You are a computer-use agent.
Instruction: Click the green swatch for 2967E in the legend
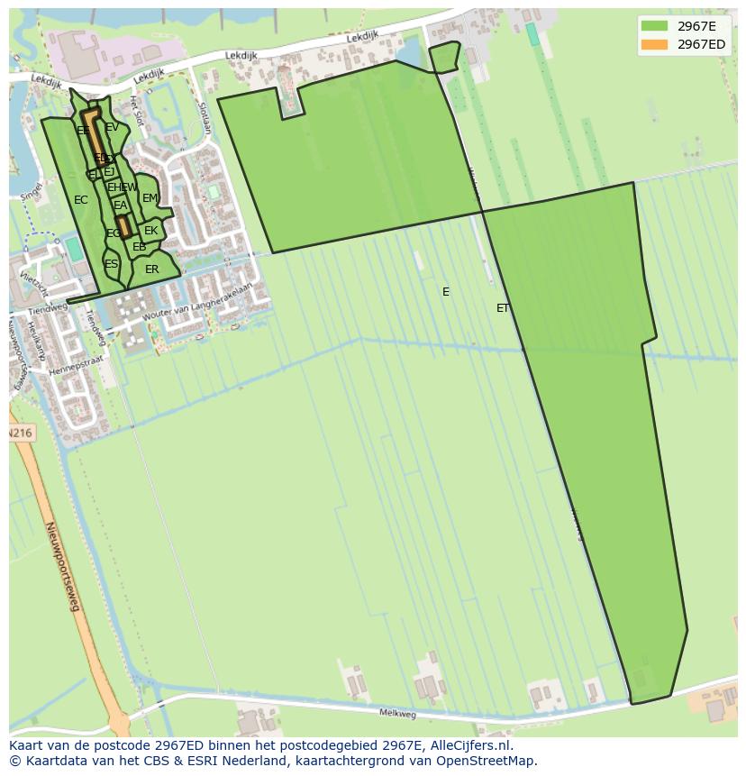[x=654, y=26]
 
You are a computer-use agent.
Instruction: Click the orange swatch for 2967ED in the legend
[x=654, y=44]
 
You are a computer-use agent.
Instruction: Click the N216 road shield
[x=20, y=434]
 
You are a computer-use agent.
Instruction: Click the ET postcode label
[x=503, y=308]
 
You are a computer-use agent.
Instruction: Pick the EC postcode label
[x=81, y=200]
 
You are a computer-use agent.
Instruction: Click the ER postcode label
[x=151, y=269]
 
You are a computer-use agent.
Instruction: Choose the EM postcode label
[x=150, y=198]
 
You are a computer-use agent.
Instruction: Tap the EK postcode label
[x=150, y=231]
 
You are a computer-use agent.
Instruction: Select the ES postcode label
[x=111, y=264]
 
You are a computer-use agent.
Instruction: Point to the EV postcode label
[x=112, y=128]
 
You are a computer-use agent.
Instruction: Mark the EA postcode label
[x=120, y=205]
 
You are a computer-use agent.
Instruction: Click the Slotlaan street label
[x=206, y=116]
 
